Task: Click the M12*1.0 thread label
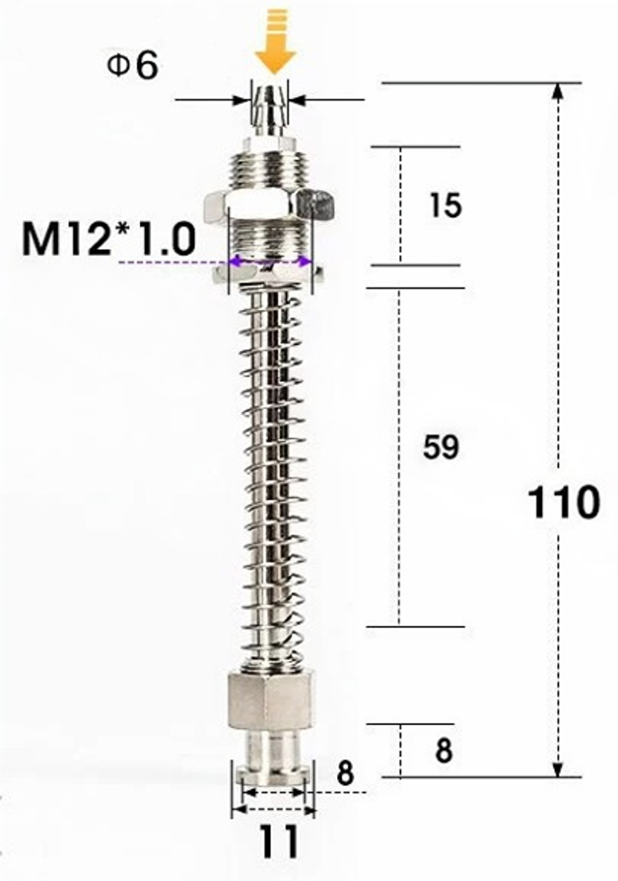point(109,239)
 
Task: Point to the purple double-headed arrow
point(269,262)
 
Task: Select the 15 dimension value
point(445,205)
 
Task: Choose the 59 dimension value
point(441,446)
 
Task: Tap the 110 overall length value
point(563,502)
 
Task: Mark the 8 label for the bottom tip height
point(443,751)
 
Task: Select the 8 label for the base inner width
point(345,773)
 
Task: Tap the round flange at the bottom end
point(273,773)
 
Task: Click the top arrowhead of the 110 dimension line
point(557,92)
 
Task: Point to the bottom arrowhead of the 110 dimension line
point(557,768)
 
